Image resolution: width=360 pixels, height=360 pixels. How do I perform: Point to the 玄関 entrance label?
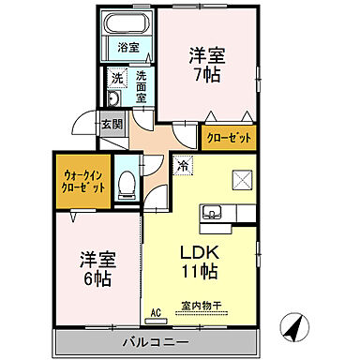click(112, 124)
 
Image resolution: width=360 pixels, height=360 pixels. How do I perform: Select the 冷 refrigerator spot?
click(181, 165)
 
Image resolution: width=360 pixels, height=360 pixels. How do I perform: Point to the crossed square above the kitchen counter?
click(243, 178)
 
